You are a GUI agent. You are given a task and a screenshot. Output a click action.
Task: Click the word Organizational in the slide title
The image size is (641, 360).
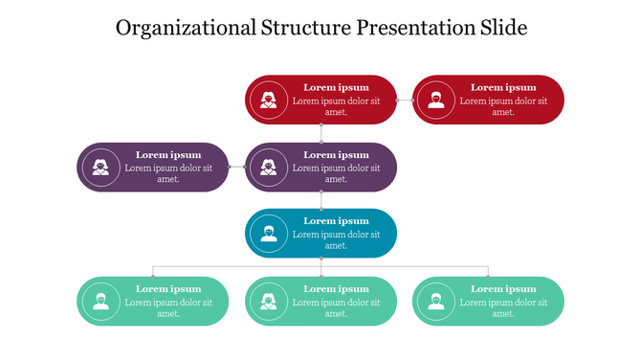(x=186, y=28)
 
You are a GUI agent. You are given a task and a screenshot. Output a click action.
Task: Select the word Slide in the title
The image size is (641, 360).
(x=503, y=28)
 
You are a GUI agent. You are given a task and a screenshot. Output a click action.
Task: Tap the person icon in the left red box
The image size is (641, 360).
(x=269, y=100)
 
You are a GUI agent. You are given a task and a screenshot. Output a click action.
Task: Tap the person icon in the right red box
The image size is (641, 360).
(x=436, y=100)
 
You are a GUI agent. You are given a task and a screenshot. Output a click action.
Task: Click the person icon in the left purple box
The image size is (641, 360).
(x=100, y=168)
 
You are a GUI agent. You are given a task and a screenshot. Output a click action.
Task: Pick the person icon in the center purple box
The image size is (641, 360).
(x=269, y=168)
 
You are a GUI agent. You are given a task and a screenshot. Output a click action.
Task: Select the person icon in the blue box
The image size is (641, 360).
(x=269, y=234)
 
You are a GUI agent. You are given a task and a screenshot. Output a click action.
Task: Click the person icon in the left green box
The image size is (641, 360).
(x=100, y=302)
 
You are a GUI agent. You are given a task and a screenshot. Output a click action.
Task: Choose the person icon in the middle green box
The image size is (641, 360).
(x=269, y=302)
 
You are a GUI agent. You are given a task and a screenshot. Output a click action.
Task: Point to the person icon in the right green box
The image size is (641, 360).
(x=436, y=302)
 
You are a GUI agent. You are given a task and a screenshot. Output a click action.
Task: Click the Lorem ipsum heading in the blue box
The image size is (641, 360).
(x=336, y=221)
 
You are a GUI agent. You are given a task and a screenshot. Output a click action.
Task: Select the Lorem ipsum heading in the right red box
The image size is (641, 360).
(x=503, y=87)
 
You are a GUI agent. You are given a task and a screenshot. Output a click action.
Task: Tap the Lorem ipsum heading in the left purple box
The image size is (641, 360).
(x=168, y=154)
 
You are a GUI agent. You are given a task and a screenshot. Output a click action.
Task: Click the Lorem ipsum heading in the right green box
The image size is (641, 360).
(x=503, y=288)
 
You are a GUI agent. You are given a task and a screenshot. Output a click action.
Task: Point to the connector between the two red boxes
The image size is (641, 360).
(x=405, y=100)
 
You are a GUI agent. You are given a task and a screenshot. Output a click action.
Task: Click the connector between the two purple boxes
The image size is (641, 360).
(x=237, y=168)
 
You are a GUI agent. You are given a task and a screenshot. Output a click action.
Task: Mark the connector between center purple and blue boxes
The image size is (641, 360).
(x=321, y=200)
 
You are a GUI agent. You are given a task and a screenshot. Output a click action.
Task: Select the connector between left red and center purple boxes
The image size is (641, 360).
(x=321, y=133)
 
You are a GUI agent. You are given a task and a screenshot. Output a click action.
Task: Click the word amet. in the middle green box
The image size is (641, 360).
(x=336, y=313)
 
